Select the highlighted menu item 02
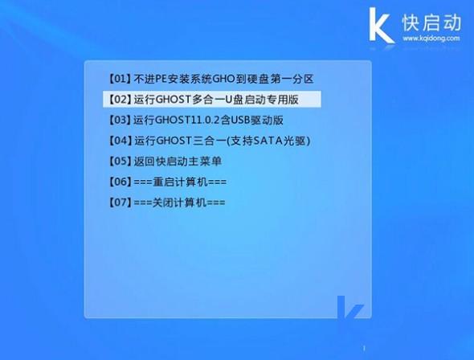(x=212, y=100)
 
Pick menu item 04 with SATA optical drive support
(x=208, y=141)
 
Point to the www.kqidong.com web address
(x=431, y=38)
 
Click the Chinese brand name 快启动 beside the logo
(x=431, y=21)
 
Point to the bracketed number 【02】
(x=119, y=100)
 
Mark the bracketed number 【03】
(x=119, y=120)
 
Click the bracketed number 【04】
(x=119, y=141)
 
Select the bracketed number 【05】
(x=119, y=161)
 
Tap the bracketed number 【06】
(x=119, y=182)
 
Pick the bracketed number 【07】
(x=119, y=202)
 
